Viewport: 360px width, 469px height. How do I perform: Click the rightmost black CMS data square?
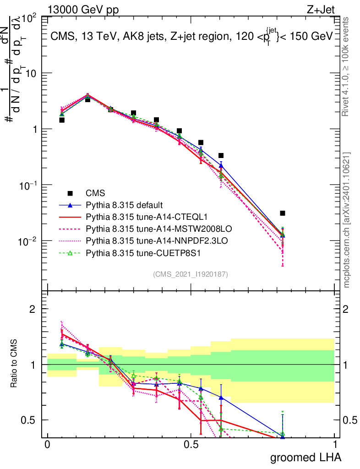tap(283, 213)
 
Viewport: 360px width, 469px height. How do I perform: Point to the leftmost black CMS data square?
tap(62, 120)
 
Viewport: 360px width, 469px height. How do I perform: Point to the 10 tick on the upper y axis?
tap(33, 73)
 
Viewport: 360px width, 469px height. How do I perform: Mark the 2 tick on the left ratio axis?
tap(32, 309)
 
